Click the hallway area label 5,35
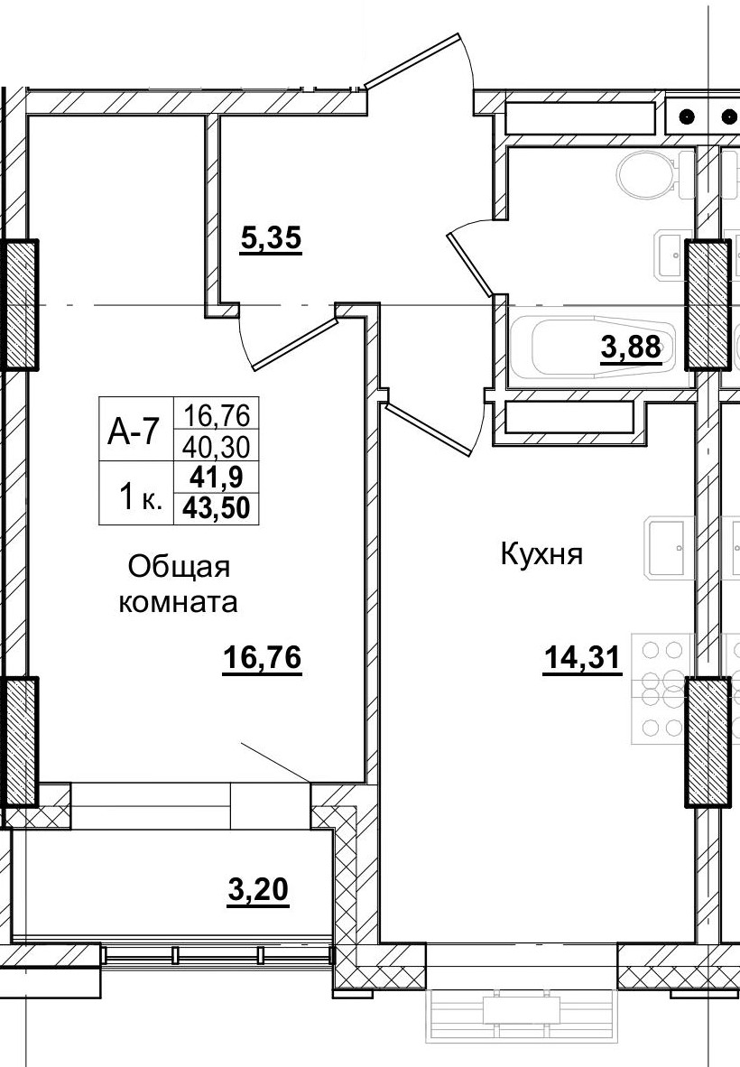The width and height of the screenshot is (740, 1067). [x=270, y=241]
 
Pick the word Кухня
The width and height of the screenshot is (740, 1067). [x=541, y=554]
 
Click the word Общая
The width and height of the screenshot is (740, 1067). [x=180, y=568]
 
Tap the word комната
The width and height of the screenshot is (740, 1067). [x=179, y=602]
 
